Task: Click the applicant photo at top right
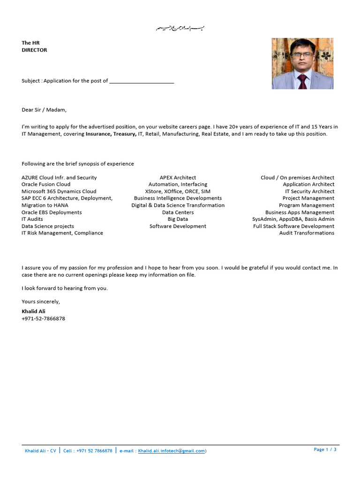[302, 63]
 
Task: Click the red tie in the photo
[302, 81]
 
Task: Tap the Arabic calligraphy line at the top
[180, 29]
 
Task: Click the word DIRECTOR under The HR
[34, 50]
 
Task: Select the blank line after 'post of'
[142, 81]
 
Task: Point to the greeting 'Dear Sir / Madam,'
[44, 110]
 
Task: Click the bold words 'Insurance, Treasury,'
[111, 134]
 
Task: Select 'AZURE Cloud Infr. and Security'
[59, 178]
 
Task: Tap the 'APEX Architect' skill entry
[178, 178]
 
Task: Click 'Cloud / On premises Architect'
[297, 178]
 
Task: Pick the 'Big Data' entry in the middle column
[178, 219]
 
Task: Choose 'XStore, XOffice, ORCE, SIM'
[178, 191]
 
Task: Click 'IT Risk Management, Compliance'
[62, 233]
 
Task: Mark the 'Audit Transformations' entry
[307, 233]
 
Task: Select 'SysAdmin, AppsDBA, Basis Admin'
[293, 219]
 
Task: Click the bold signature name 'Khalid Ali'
[33, 311]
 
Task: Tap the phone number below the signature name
[43, 319]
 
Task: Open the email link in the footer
[172, 451]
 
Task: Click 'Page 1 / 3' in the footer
[325, 450]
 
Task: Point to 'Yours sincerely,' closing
[41, 301]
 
